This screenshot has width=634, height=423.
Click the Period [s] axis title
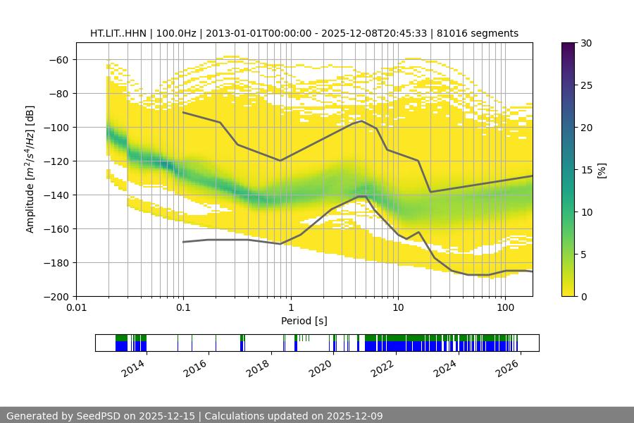pyautogui.click(x=304, y=321)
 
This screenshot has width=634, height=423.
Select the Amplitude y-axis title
pyautogui.click(x=30, y=169)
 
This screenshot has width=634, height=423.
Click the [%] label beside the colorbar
pyautogui.click(x=602, y=170)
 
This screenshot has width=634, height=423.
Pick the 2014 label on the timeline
pyautogui.click(x=133, y=367)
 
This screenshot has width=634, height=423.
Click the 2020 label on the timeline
pyautogui.click(x=321, y=367)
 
